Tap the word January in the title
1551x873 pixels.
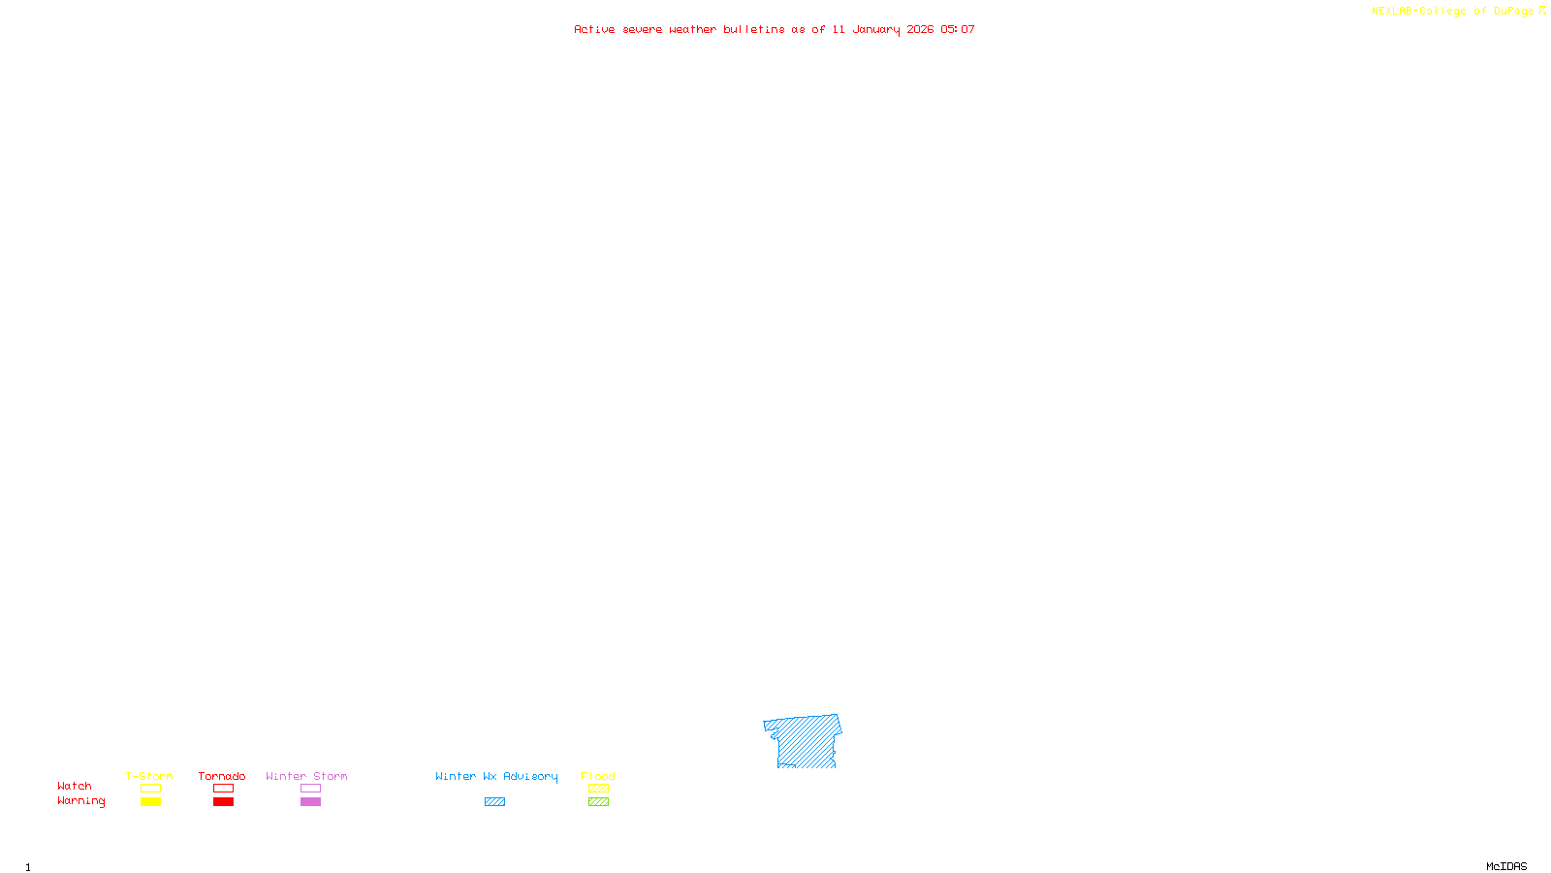pos(875,29)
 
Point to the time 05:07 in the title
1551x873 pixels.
pos(958,29)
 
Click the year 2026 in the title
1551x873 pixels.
pos(920,29)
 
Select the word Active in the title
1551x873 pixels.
pos(594,29)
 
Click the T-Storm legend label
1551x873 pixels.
pos(149,776)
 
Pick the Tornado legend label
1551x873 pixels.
pos(222,776)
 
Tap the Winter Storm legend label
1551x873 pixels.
pos(306,776)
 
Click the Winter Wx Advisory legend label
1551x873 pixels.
pos(496,776)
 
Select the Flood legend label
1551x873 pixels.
pos(598,776)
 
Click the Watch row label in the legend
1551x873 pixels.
pos(75,787)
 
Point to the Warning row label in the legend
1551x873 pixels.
pos(81,801)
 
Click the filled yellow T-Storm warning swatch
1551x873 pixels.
pos(150,802)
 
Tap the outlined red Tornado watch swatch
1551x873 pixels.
pos(223,789)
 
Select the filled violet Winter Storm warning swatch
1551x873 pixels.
pos(310,802)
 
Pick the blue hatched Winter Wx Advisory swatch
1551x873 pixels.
pos(494,802)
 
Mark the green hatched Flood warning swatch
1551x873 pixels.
pos(598,802)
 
